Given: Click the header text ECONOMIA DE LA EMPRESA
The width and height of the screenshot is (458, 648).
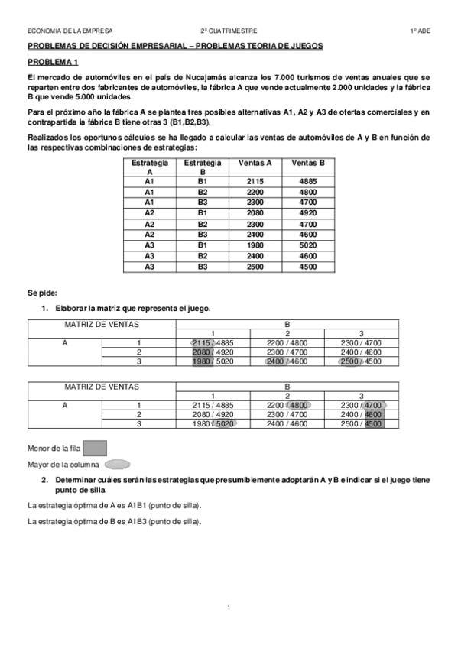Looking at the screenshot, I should click(70, 31).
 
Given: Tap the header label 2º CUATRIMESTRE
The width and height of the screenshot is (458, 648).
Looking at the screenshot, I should click(228, 31).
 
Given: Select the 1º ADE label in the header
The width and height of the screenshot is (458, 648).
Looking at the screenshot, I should click(420, 31).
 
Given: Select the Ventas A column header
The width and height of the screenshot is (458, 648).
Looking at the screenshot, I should click(255, 163).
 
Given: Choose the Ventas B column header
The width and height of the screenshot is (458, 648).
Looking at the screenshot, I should click(309, 163).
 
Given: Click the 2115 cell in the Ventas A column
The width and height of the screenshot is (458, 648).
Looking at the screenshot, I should click(255, 181).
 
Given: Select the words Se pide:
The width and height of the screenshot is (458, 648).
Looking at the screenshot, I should click(43, 293).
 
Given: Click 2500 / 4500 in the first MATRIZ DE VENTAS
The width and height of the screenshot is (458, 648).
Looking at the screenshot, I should click(361, 361).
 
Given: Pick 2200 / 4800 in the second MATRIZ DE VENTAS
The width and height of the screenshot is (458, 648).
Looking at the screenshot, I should click(287, 405).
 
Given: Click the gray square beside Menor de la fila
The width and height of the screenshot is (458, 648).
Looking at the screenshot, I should click(94, 449).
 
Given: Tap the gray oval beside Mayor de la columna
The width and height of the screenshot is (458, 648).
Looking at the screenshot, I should click(117, 464).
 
